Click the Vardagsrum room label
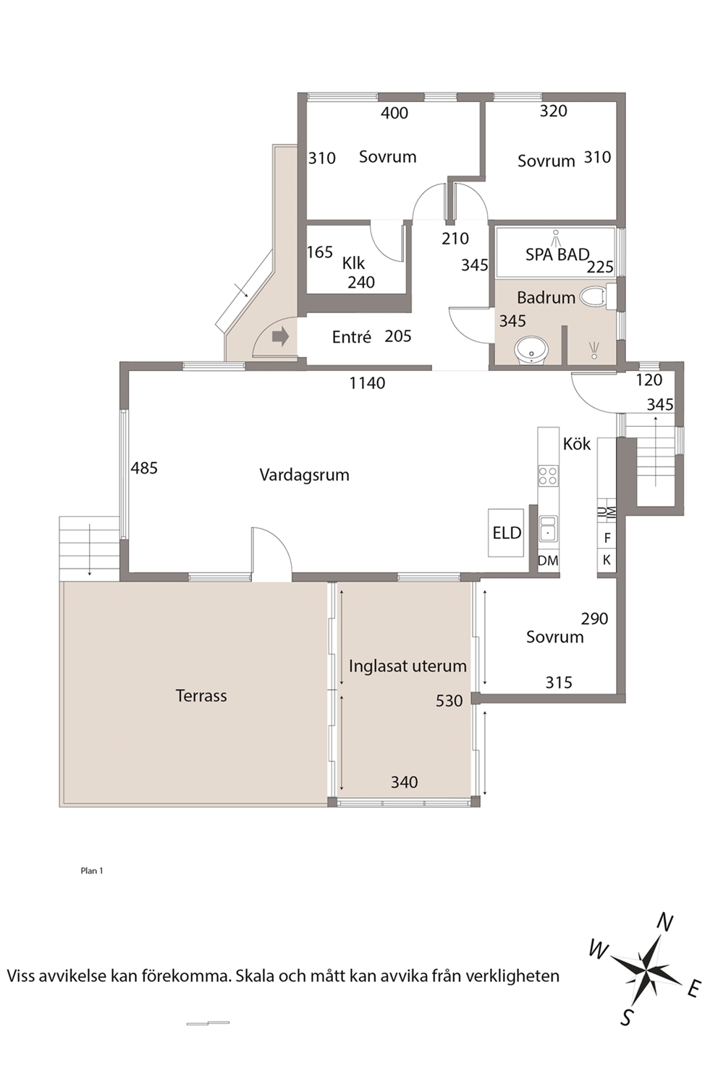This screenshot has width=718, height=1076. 305,475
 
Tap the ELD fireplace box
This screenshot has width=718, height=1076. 506,533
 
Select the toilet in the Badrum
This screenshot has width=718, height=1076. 599,296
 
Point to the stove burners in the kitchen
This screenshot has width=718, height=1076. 548,476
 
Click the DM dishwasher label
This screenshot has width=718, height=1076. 548,560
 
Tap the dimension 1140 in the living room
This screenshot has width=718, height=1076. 368,383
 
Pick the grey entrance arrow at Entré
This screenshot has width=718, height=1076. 280,337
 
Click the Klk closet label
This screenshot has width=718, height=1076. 353,263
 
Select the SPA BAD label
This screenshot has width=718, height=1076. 557,255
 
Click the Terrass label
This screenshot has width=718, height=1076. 201,696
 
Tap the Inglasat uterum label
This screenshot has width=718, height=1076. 407,666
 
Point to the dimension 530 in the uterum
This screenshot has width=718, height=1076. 449,701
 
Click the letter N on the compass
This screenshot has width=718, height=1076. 664,922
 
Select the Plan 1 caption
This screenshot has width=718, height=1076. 92,871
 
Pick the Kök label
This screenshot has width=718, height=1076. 577,444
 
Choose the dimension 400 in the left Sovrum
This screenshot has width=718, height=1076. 394,113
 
